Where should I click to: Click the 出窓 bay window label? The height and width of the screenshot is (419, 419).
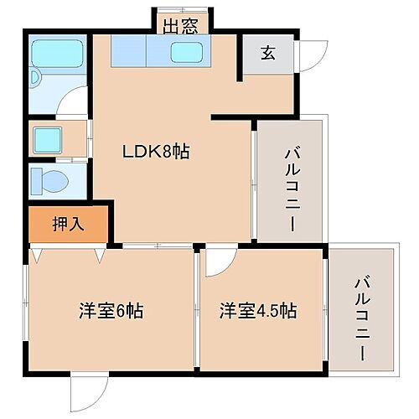pyautogui.click(x=180, y=26)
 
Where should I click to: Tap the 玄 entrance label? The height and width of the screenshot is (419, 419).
pyautogui.click(x=267, y=53)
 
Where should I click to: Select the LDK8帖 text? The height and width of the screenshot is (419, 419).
pyautogui.click(x=156, y=152)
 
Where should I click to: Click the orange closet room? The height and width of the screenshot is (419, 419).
pyautogui.click(x=69, y=224)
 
